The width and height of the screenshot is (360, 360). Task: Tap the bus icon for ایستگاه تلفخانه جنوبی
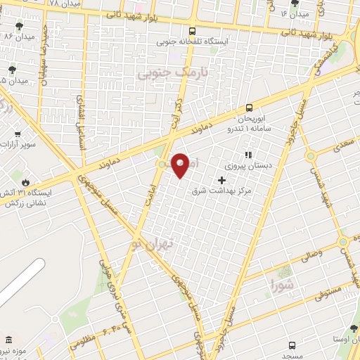(x=193, y=31)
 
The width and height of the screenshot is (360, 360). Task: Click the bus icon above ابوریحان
(x=249, y=108)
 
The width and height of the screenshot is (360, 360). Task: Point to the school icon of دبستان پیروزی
(x=247, y=155)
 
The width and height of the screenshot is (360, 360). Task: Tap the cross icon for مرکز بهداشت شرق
(x=222, y=181)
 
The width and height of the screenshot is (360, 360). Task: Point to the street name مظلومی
(x=82, y=345)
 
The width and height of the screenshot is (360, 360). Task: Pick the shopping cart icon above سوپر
(x=18, y=132)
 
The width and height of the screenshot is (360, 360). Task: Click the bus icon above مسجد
(x=292, y=345)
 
